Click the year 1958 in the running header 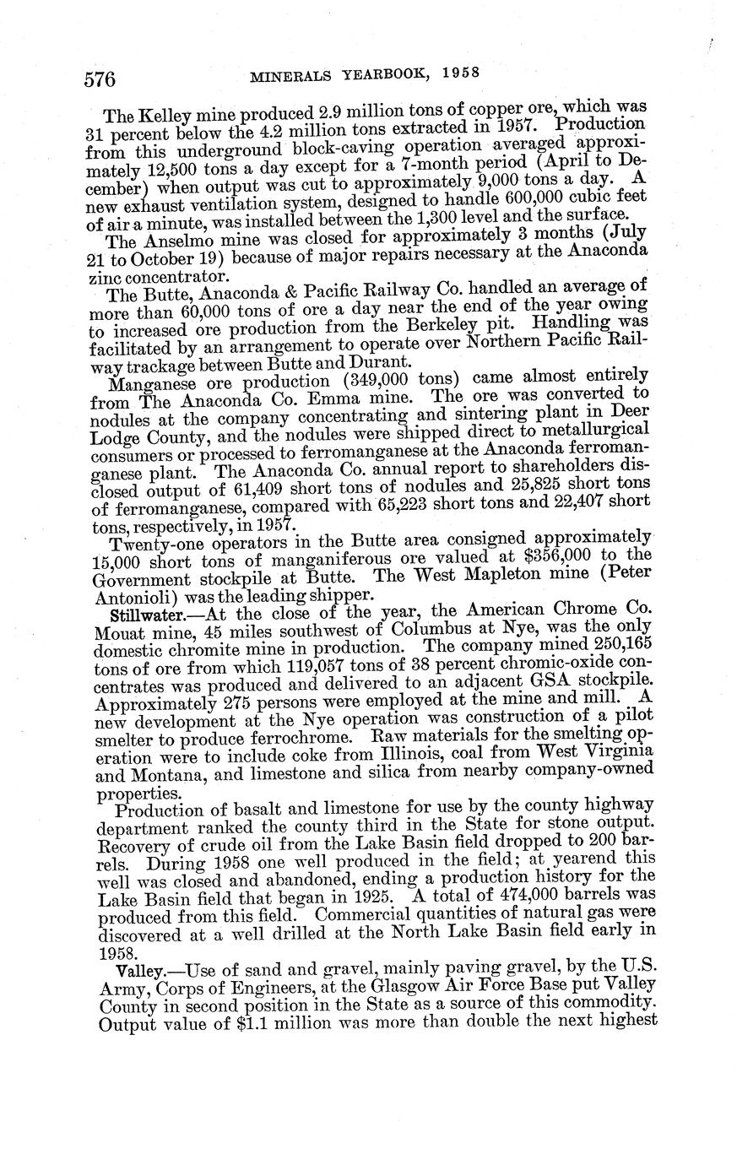460,73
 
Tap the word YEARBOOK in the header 375,75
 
